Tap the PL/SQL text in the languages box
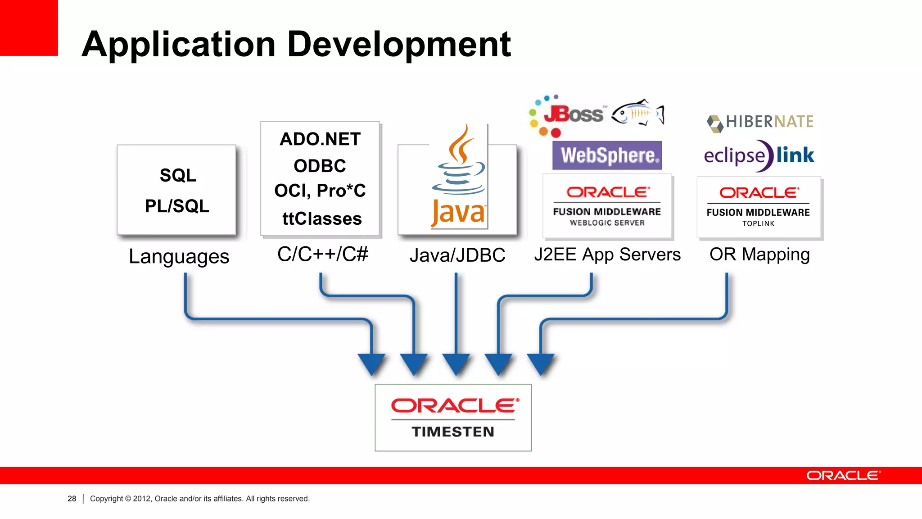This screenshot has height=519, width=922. coord(177,206)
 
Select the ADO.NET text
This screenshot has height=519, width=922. coord(320,139)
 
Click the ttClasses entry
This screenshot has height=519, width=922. coord(322,219)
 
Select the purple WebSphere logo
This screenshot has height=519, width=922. coord(607,155)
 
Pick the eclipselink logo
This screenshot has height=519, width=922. coord(759,155)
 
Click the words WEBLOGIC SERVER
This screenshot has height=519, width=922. coord(607,223)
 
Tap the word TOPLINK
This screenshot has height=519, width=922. coord(758,224)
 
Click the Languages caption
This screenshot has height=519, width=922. coord(179,257)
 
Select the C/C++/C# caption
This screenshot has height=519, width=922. coord(322,255)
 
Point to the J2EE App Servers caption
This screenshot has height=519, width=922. coord(607,255)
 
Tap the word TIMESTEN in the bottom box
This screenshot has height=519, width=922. coord(453,432)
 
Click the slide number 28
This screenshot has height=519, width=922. coord(72,499)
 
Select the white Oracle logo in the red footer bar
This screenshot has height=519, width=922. coord(843,476)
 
